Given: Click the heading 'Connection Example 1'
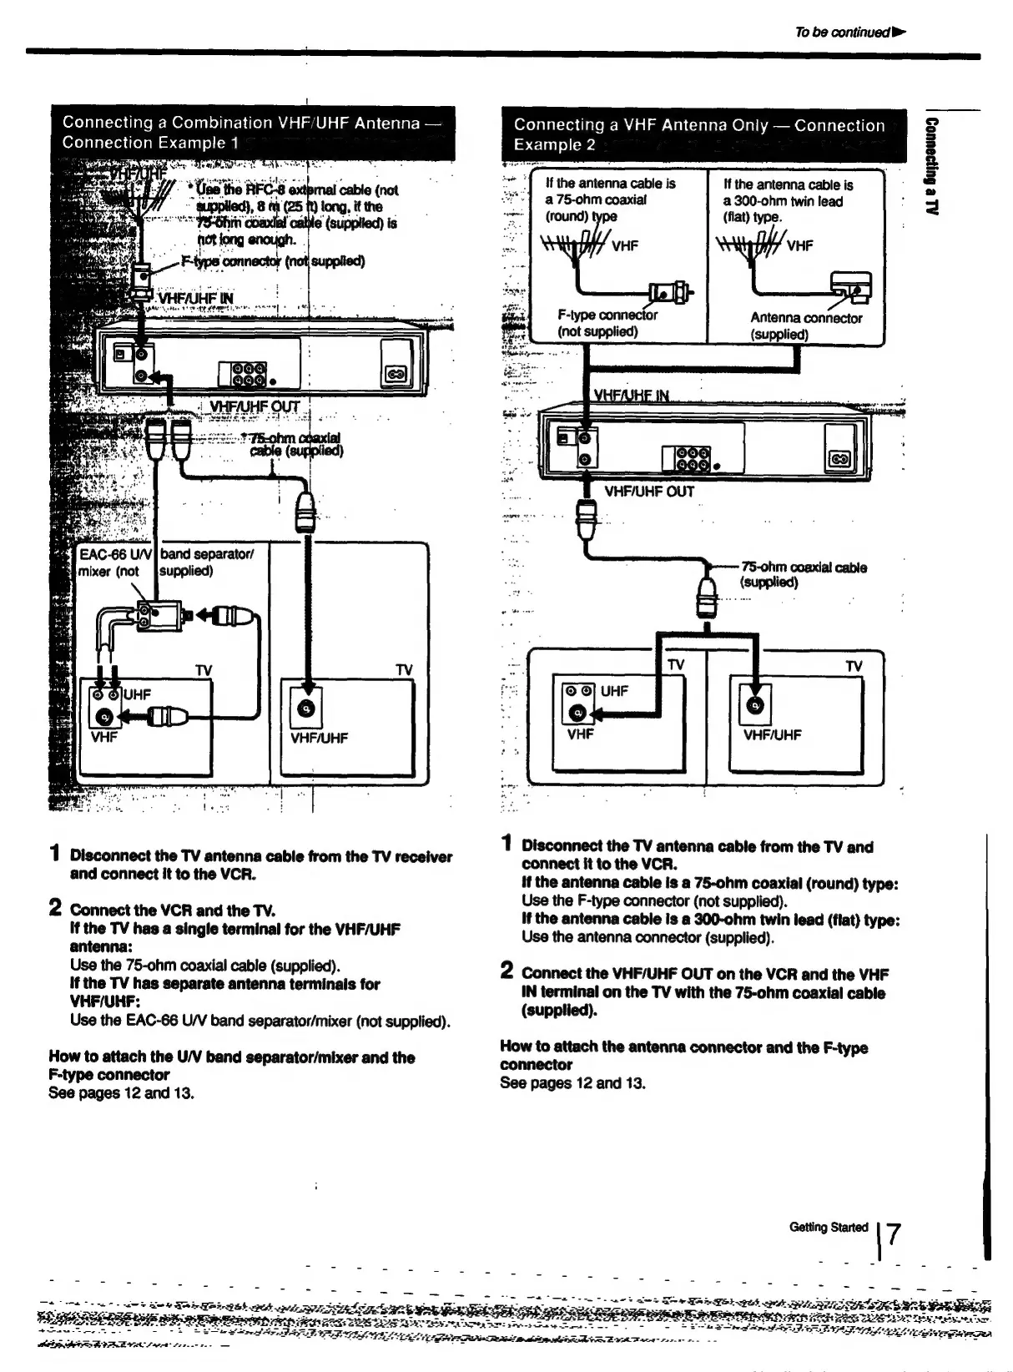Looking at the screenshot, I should pos(150,143).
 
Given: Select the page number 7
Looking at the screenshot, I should pos(894,1233).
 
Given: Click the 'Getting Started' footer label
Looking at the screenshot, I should pos(828,1227).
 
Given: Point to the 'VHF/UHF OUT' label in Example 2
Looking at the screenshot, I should pos(649,492).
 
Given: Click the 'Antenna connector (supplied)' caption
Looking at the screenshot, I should pos(805,325).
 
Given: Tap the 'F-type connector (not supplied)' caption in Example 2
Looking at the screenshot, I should pos(607,323).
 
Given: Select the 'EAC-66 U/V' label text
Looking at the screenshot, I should pos(114,554).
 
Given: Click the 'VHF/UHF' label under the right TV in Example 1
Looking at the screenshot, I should pos(319,738).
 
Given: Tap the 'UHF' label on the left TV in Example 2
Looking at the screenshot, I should pos(614,690).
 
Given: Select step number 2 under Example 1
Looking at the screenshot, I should pos(55,907).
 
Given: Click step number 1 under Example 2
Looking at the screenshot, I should pos(507,844).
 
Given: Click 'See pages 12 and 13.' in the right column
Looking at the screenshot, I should pos(572,1083).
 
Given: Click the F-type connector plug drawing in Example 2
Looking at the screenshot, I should pos(671,292).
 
